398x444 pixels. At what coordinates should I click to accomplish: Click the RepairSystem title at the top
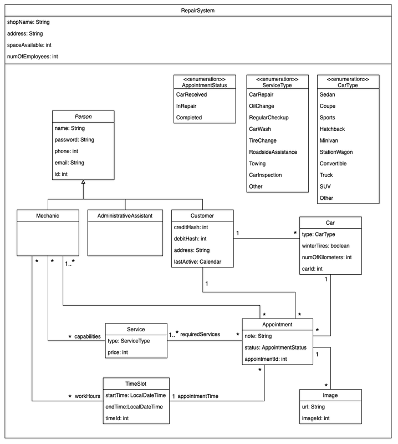(x=199, y=11)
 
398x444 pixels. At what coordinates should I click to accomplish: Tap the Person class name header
(x=83, y=117)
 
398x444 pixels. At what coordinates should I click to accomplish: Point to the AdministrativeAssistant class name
(x=125, y=216)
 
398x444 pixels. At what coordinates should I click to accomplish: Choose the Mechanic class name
(x=45, y=216)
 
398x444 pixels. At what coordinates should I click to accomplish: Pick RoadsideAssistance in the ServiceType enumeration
(x=273, y=152)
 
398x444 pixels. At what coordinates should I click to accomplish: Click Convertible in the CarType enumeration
(x=333, y=164)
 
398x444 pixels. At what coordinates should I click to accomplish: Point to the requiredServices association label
(x=200, y=334)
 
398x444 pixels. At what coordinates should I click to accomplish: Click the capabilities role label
(x=88, y=337)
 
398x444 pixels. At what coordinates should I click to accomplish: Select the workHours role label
(x=88, y=396)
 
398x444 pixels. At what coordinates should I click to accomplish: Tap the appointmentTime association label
(x=198, y=396)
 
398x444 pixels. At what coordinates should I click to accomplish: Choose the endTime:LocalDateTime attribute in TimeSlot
(x=134, y=407)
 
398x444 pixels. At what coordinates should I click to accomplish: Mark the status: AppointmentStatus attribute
(x=275, y=347)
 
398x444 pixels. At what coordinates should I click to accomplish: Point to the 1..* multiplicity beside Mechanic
(x=69, y=263)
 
